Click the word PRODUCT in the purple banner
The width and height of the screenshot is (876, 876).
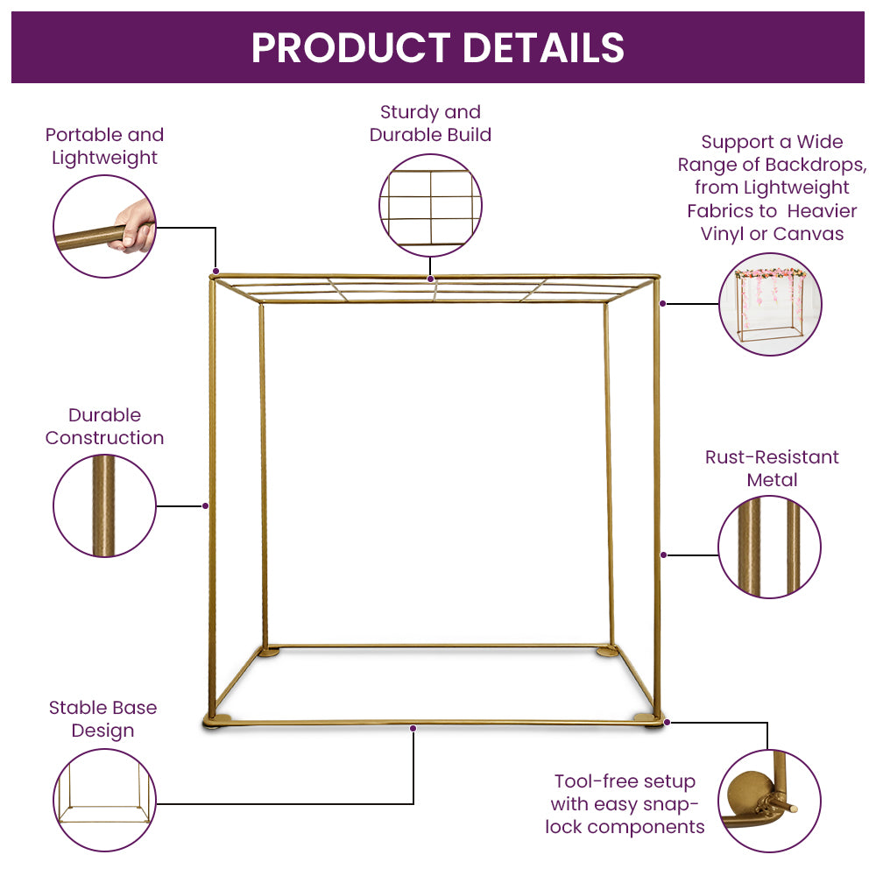(351, 47)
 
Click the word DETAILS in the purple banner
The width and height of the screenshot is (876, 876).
(544, 47)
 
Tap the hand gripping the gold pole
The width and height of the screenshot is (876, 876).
(133, 226)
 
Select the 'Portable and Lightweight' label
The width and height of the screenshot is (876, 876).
(104, 146)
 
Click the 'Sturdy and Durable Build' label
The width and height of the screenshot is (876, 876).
(430, 124)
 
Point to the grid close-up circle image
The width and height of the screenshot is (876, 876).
(430, 206)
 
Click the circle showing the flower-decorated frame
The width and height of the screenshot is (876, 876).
(770, 304)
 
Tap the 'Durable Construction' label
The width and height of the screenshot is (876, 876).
(104, 427)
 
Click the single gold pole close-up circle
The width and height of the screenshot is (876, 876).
(104, 505)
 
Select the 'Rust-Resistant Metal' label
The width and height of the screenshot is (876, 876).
(772, 468)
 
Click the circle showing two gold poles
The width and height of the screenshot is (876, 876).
(769, 547)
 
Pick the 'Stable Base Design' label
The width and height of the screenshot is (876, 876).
(102, 719)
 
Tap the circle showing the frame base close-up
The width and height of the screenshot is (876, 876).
(104, 800)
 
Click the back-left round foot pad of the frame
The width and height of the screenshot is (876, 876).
(269, 652)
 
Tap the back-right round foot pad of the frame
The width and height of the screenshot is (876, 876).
(607, 651)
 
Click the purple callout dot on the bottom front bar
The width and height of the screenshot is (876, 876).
(413, 728)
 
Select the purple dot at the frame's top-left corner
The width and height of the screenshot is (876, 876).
(215, 272)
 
